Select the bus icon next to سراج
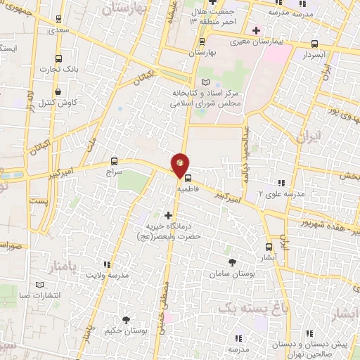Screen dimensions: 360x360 (115, 161)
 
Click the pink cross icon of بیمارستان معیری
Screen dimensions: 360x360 (257, 31)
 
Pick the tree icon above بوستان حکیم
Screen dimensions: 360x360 (126, 320)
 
